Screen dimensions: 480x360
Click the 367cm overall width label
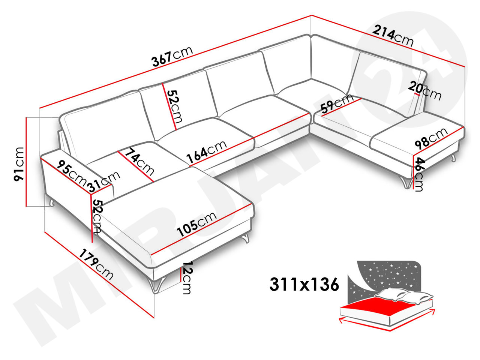(x=172, y=56)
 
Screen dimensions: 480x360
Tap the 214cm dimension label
(x=393, y=36)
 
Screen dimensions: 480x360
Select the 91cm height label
(x=18, y=164)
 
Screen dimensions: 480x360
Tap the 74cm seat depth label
(x=139, y=162)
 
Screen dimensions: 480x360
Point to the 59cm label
(x=337, y=103)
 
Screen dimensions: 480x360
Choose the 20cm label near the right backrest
(x=424, y=91)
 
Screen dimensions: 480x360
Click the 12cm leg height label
(x=187, y=277)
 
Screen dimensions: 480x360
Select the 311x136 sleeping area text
(x=304, y=284)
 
